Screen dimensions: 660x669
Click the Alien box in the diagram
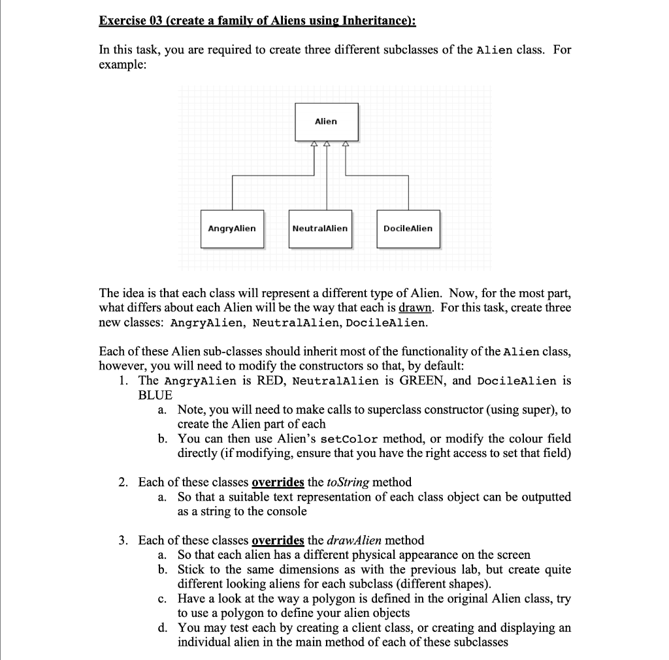[x=325, y=121]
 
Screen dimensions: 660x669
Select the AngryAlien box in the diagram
[x=232, y=228]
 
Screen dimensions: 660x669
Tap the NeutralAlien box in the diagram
[x=320, y=228]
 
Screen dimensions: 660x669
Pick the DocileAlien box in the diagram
[x=408, y=228]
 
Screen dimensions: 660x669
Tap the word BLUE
[x=155, y=395]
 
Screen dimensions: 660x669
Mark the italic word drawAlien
[x=355, y=541]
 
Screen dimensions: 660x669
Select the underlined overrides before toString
[x=278, y=482]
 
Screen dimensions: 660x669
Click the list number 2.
[x=123, y=482]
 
